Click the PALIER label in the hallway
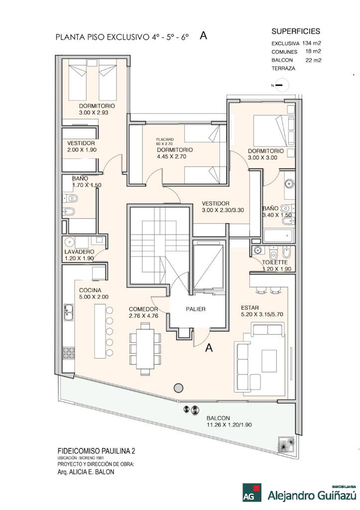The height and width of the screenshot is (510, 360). (196, 309)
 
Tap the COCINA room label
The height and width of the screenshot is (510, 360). (90, 290)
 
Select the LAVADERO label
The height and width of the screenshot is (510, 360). (79, 252)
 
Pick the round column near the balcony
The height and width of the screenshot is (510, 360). (178, 388)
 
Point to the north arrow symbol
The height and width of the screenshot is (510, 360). (279, 85)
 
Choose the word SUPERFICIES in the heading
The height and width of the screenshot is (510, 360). (296, 31)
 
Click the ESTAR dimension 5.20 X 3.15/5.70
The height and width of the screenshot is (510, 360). (262, 315)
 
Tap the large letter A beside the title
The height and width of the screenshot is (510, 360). (203, 36)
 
